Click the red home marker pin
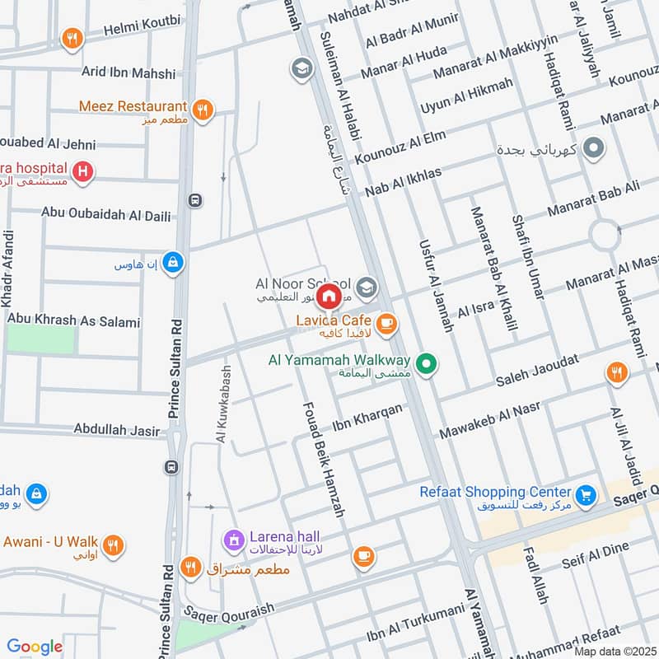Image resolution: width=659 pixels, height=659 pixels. pos(329,295)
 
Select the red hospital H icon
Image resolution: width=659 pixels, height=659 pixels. pos(82,172)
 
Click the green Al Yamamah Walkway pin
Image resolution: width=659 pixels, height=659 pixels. pos(426,362)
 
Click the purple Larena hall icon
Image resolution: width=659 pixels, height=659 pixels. pos(234,540)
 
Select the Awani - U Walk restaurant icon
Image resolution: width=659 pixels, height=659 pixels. pos(115,544)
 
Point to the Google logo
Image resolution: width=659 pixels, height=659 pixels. pos(35,647)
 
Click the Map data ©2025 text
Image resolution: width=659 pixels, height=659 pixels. pos(614,651)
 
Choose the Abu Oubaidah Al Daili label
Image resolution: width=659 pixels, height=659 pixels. pos(106,215)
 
